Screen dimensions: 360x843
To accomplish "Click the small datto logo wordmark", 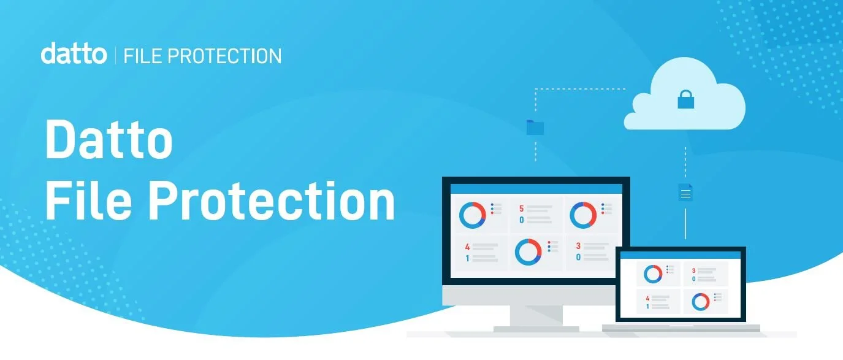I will pos(74,55).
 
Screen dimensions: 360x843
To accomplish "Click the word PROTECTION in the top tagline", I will pos(224,56).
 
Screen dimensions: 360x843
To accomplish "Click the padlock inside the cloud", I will pos(685,99).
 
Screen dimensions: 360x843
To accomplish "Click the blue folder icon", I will pos(535,128).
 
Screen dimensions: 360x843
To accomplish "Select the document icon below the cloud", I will pos(685,192).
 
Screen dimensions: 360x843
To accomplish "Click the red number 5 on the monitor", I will pos(522,209).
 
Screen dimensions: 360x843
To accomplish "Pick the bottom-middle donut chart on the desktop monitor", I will pos(528,251).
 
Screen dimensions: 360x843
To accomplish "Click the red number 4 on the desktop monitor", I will pos(467,247).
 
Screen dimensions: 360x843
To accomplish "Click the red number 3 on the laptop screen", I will pos(693,270).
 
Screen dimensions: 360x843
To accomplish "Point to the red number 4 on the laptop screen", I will pos(647,298).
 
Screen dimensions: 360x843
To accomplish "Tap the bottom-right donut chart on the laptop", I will pos(700,301).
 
